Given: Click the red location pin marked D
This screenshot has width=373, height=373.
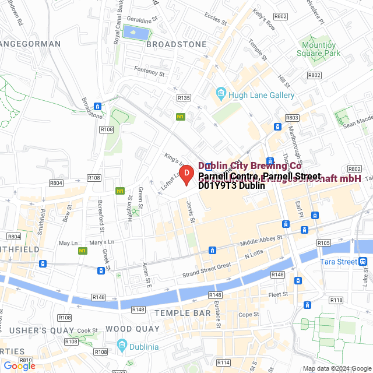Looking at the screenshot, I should tap(186, 174).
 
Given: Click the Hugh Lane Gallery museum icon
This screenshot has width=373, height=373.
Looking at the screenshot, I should tap(221, 93).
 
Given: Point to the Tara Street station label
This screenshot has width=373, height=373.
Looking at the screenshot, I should tap(338, 262).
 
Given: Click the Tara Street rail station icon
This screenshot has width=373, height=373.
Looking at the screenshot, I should tap(363, 261).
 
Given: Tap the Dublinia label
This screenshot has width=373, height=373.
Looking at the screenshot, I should tap(144, 347).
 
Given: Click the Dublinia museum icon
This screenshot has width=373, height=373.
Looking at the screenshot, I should tap(121, 346).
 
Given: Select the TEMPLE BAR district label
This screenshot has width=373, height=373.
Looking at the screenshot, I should tap(183, 314).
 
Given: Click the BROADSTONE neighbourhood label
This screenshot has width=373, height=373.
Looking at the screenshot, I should tap(176, 44).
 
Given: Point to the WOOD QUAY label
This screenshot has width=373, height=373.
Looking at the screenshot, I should tap(132, 329).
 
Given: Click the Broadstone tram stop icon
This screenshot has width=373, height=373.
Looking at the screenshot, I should tap(98, 107).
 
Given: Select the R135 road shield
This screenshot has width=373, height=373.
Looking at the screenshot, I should tap(184, 98).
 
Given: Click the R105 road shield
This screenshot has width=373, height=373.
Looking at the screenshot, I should tap(324, 241).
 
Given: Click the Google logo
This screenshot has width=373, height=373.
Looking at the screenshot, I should tap(19, 365).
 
